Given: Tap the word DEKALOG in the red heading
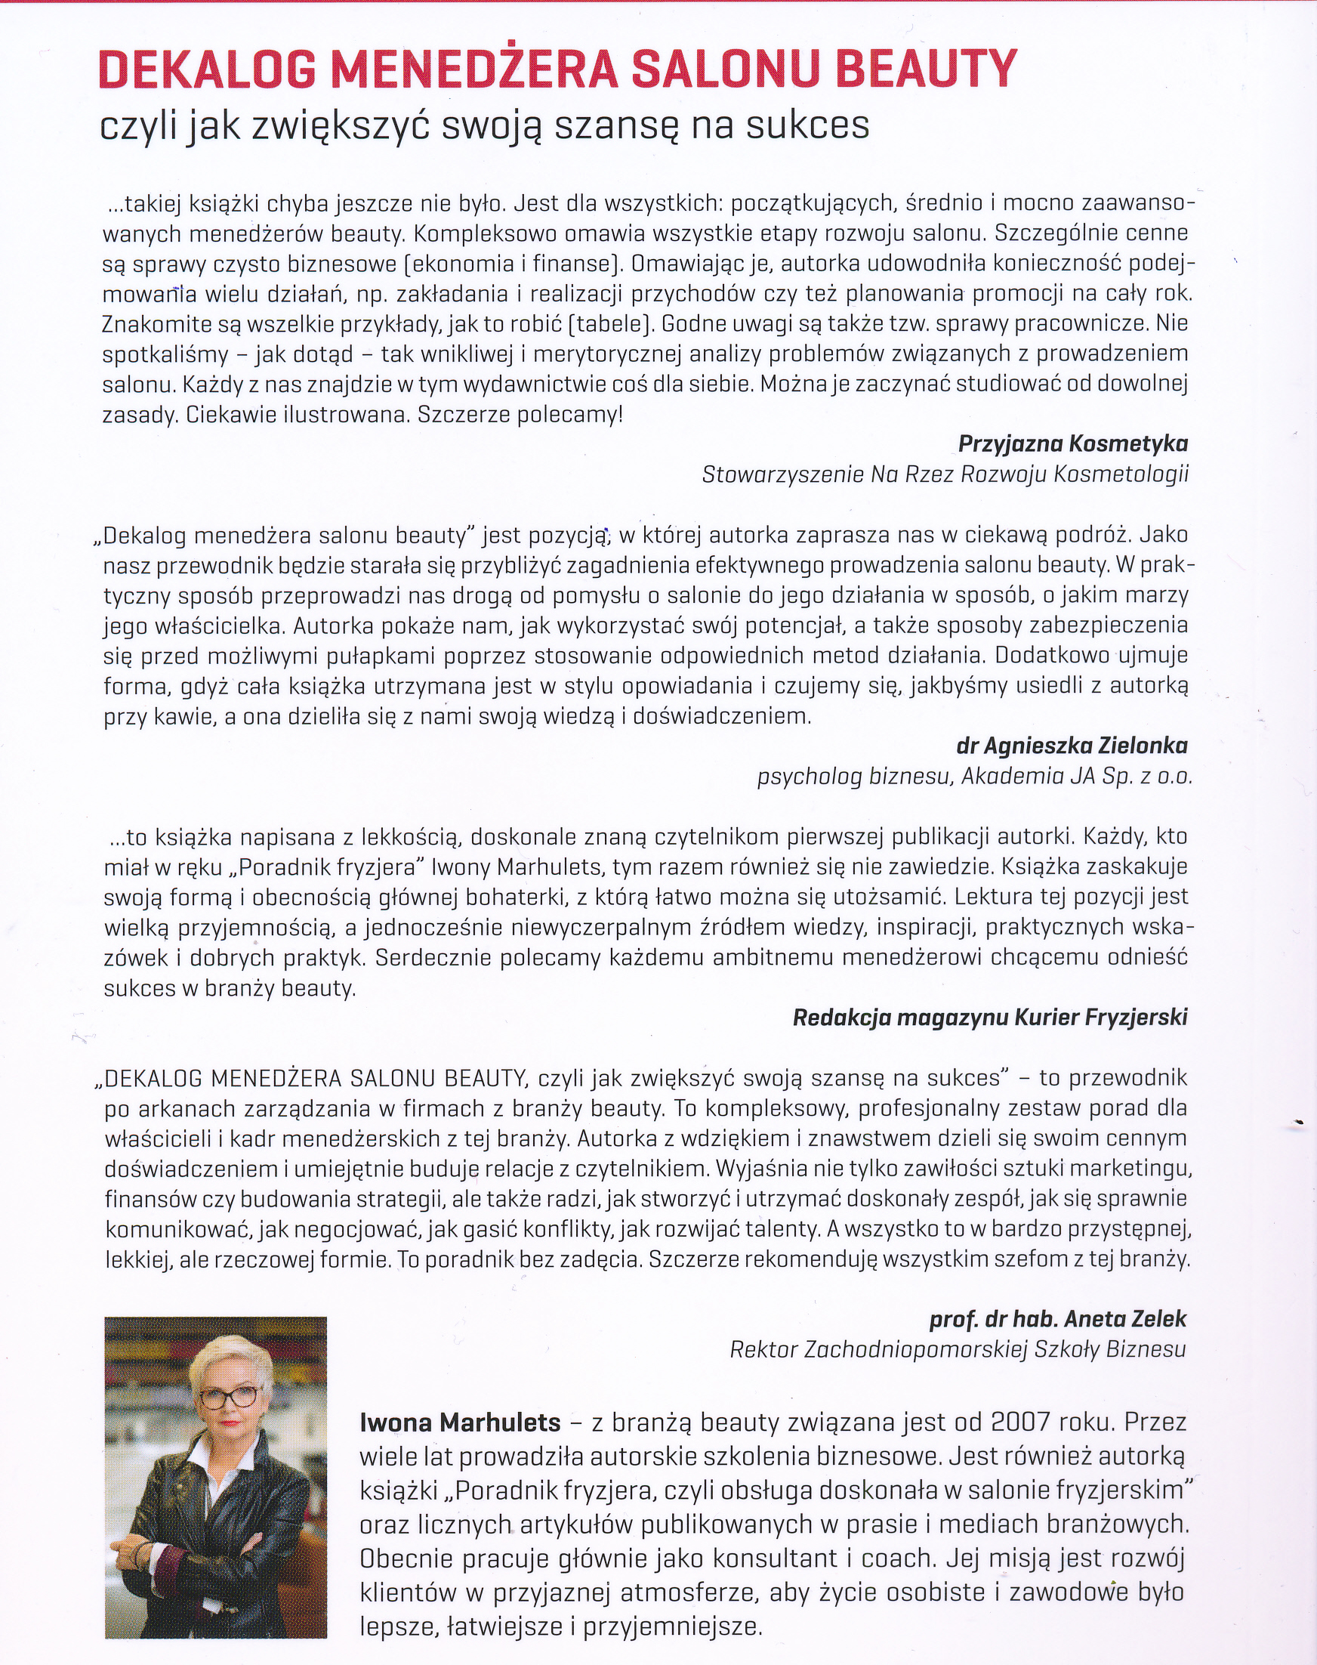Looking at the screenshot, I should [x=207, y=70].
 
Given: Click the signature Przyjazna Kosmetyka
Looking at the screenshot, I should [x=1072, y=443].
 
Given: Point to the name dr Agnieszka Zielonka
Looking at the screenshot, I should [x=1072, y=745].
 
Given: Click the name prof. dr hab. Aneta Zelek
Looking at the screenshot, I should [x=1058, y=1319].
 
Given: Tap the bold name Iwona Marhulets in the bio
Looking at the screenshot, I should [x=461, y=1422].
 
